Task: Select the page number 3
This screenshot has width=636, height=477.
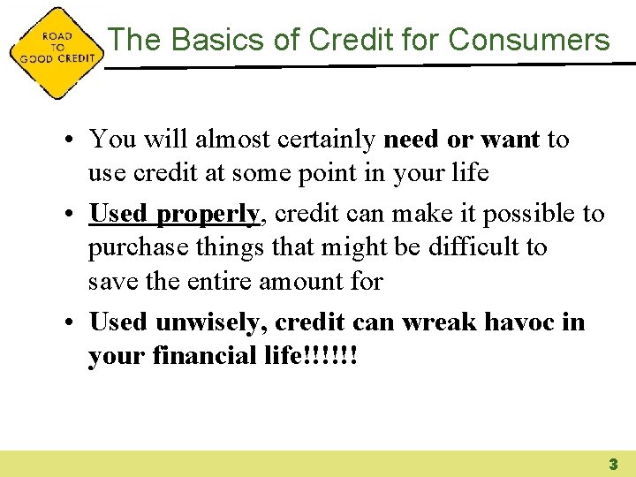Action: [x=611, y=464]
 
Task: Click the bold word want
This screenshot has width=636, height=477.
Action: [x=511, y=140]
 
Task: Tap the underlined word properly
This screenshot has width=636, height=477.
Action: [x=209, y=215]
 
